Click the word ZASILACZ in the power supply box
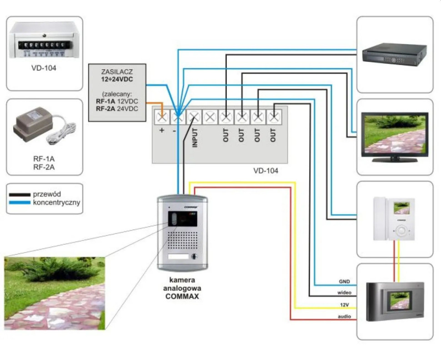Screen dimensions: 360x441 [x=117, y=71]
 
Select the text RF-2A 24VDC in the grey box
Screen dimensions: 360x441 [x=117, y=109]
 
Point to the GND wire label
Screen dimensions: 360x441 [x=344, y=282]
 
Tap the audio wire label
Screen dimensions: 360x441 [x=344, y=315]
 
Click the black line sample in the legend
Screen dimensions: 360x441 [x=20, y=194]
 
